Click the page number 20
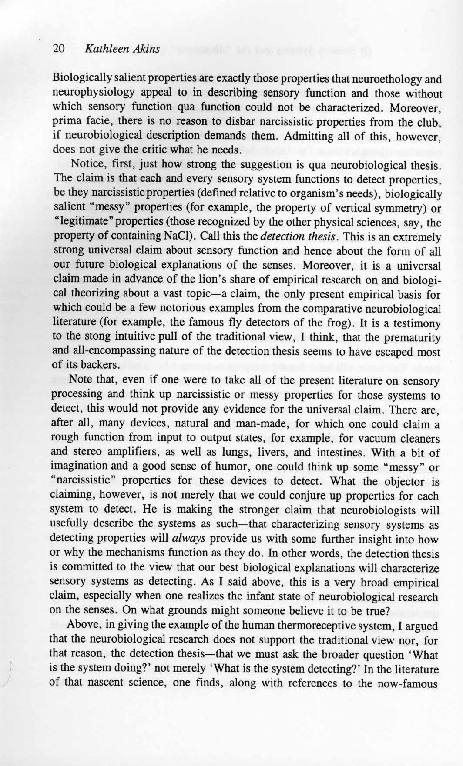pos(59,49)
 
